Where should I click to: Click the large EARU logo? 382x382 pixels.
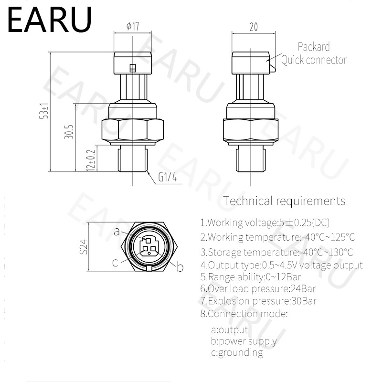point(50,20)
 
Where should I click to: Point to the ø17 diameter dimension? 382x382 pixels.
point(132,27)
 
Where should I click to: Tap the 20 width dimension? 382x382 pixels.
point(253,27)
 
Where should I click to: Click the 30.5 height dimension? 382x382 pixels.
point(70,131)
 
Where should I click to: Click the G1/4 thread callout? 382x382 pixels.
point(168,178)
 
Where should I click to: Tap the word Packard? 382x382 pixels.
point(314,47)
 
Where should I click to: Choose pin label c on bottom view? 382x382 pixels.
point(115,262)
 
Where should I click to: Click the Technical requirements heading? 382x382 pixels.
point(284,201)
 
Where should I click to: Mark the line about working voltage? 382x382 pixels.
point(265,223)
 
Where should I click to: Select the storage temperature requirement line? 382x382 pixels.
point(277,252)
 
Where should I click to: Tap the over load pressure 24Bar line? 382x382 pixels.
point(258,288)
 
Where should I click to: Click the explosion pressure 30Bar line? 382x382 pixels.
point(258,301)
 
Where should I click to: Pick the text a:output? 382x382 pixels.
point(229,329)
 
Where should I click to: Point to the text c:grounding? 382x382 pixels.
point(237,353)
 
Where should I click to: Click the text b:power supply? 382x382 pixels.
point(244,341)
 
